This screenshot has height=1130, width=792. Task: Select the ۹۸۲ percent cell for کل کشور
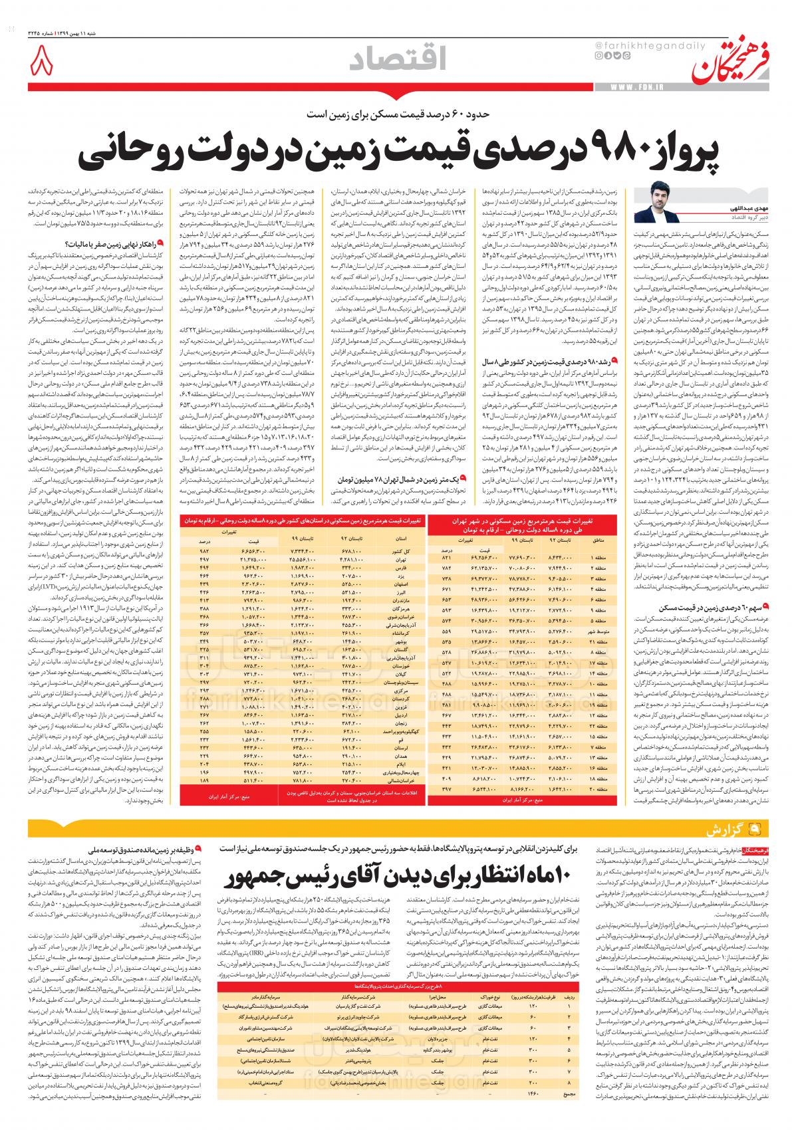point(205,551)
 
